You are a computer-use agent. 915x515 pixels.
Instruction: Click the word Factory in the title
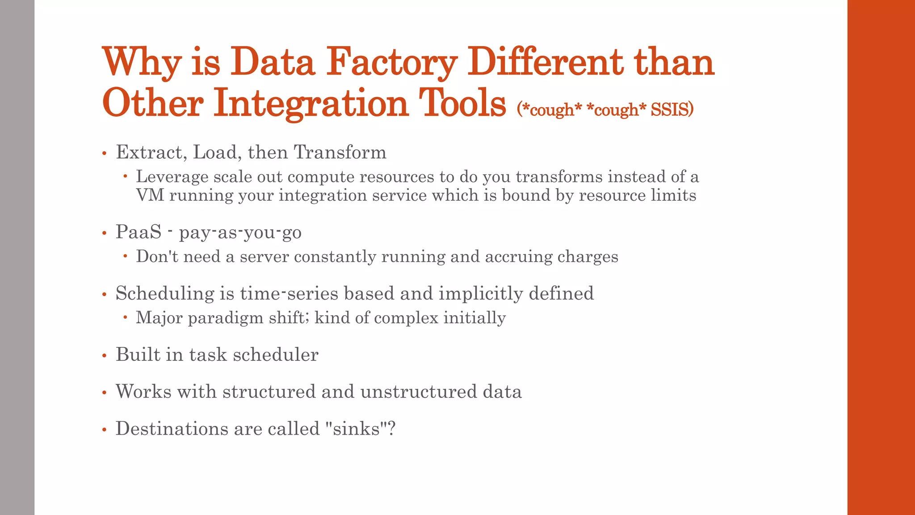(391, 63)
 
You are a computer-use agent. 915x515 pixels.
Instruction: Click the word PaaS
(139, 232)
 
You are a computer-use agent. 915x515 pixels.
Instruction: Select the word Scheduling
(165, 294)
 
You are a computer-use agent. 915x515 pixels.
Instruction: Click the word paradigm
(225, 318)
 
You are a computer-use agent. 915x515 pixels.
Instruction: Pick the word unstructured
(418, 392)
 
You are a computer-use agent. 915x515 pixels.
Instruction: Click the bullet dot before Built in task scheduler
(104, 356)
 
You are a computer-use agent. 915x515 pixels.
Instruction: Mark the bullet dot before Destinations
(104, 430)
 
